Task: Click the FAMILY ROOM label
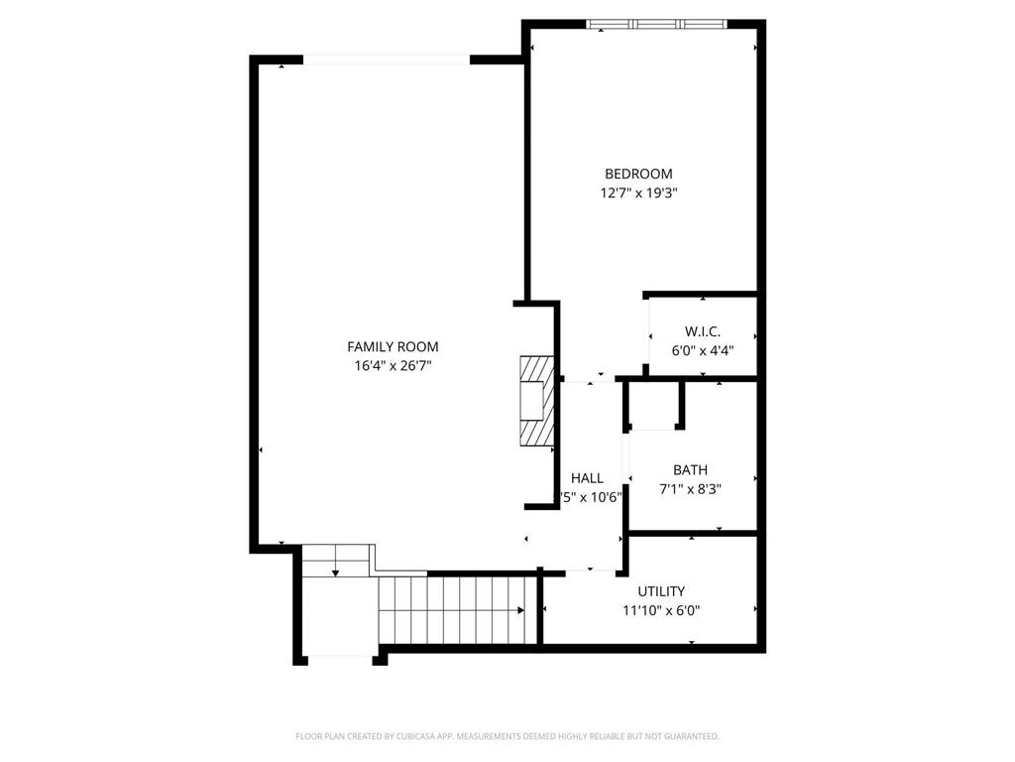click(x=393, y=346)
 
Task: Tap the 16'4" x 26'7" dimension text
click(x=393, y=365)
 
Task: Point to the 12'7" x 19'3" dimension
click(x=638, y=193)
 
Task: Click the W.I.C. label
click(x=702, y=330)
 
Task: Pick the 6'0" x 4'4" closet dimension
click(x=702, y=349)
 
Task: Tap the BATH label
click(x=690, y=469)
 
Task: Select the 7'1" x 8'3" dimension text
click(x=690, y=488)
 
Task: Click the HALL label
click(x=587, y=478)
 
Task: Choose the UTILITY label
click(x=661, y=591)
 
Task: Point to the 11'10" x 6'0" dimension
click(x=661, y=611)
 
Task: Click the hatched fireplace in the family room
click(x=536, y=402)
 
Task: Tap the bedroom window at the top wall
click(x=656, y=24)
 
